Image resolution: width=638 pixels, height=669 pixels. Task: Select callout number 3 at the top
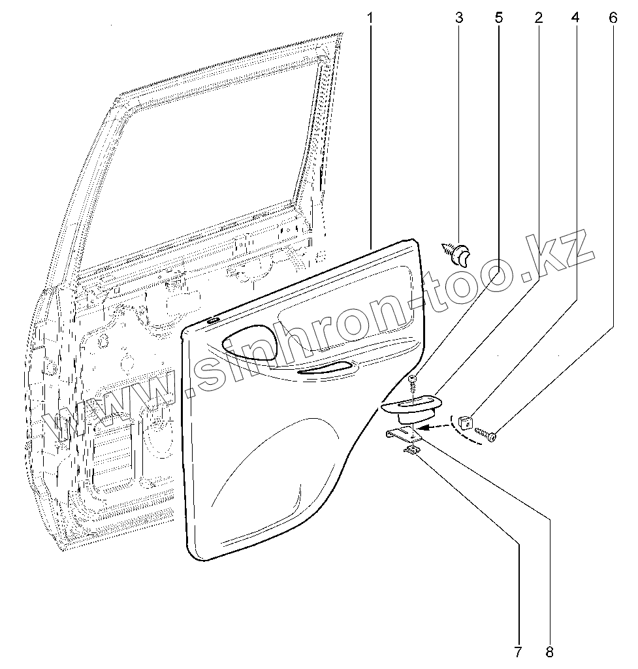point(459,18)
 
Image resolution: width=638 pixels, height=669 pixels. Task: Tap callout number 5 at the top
point(499,18)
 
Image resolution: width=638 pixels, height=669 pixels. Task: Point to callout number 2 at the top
point(538,18)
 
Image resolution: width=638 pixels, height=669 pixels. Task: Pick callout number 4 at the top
point(575,18)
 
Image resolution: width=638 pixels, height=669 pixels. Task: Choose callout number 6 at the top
point(613,18)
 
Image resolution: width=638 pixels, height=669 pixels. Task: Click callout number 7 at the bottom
point(517,651)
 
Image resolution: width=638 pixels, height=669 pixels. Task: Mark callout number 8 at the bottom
point(549,651)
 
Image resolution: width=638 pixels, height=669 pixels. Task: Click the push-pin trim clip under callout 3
point(458,253)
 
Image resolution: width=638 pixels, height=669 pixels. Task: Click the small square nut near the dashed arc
point(464,420)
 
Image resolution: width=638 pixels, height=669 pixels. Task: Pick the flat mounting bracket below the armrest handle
point(402,434)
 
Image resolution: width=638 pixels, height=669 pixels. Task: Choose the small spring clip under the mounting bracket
point(411,451)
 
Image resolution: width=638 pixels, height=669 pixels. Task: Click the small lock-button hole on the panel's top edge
point(214,320)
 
